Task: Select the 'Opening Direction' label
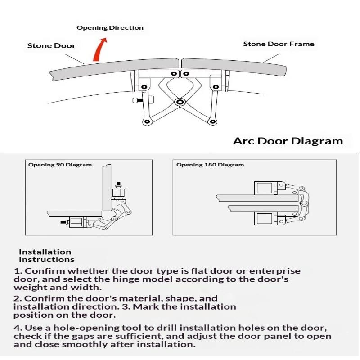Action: tap(110, 28)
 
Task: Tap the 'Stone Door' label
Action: tap(51, 46)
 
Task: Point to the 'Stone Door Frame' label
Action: tap(279, 44)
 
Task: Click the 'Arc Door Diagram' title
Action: tap(288, 141)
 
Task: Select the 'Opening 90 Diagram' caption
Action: tap(60, 165)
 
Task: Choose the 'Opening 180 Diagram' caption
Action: tap(210, 165)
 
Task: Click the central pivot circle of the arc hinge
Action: tap(180, 103)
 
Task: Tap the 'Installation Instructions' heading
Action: tap(45, 256)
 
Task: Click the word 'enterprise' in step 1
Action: tap(274, 271)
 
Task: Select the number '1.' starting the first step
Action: tap(18, 271)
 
